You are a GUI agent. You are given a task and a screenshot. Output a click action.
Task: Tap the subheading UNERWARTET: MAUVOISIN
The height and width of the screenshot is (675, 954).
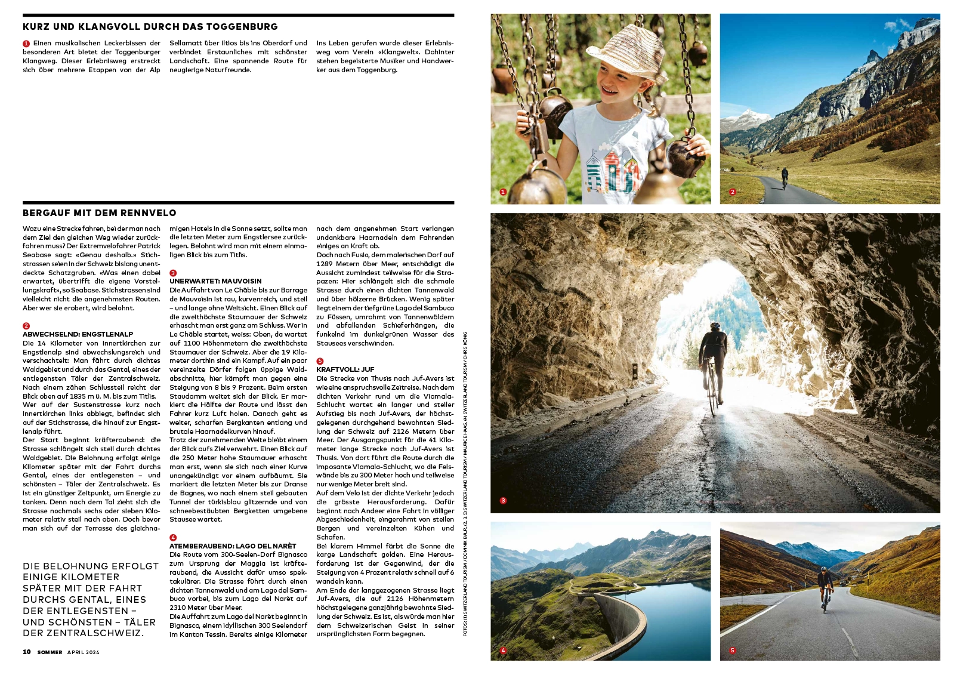215,281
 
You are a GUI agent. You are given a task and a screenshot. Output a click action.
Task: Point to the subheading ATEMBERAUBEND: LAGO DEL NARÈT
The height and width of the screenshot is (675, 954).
233,546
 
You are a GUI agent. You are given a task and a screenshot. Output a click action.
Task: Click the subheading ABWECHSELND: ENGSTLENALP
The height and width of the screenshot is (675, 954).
78,334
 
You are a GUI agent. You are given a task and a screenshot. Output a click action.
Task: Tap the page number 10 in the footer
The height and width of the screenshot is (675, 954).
27,652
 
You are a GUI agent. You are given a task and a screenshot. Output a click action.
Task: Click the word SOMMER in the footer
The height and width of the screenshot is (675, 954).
50,652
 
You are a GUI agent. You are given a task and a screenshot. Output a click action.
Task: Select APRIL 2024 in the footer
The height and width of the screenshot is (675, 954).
83,652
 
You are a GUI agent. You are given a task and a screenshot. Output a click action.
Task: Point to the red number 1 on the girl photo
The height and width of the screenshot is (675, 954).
503,192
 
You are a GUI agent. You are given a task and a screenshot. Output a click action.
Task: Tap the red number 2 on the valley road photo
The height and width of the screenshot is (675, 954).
733,192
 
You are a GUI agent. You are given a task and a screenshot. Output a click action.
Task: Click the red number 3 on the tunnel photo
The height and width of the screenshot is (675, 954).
503,501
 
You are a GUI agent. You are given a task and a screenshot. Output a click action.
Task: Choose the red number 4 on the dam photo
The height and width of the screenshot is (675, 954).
503,651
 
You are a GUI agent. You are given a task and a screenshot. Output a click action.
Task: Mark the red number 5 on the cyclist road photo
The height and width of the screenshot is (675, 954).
733,651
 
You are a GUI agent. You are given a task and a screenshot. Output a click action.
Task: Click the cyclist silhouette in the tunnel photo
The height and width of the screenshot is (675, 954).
712,364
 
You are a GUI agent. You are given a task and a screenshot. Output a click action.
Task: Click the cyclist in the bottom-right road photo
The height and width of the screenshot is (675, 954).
825,588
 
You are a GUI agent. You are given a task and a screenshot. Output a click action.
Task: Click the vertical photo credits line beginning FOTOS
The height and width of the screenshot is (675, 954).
465,483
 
